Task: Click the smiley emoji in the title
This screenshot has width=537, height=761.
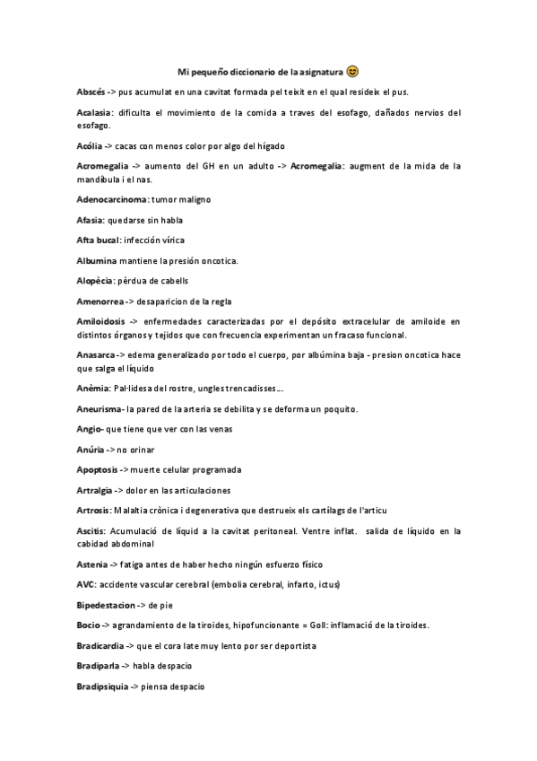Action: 352,71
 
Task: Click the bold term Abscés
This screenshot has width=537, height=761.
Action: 91,92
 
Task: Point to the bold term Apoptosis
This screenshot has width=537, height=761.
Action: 96,470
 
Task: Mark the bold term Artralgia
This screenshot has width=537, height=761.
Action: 95,490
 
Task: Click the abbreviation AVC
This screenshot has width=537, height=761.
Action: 86,585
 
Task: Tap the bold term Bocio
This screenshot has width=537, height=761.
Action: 88,625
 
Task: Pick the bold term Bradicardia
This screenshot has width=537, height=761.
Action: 100,645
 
